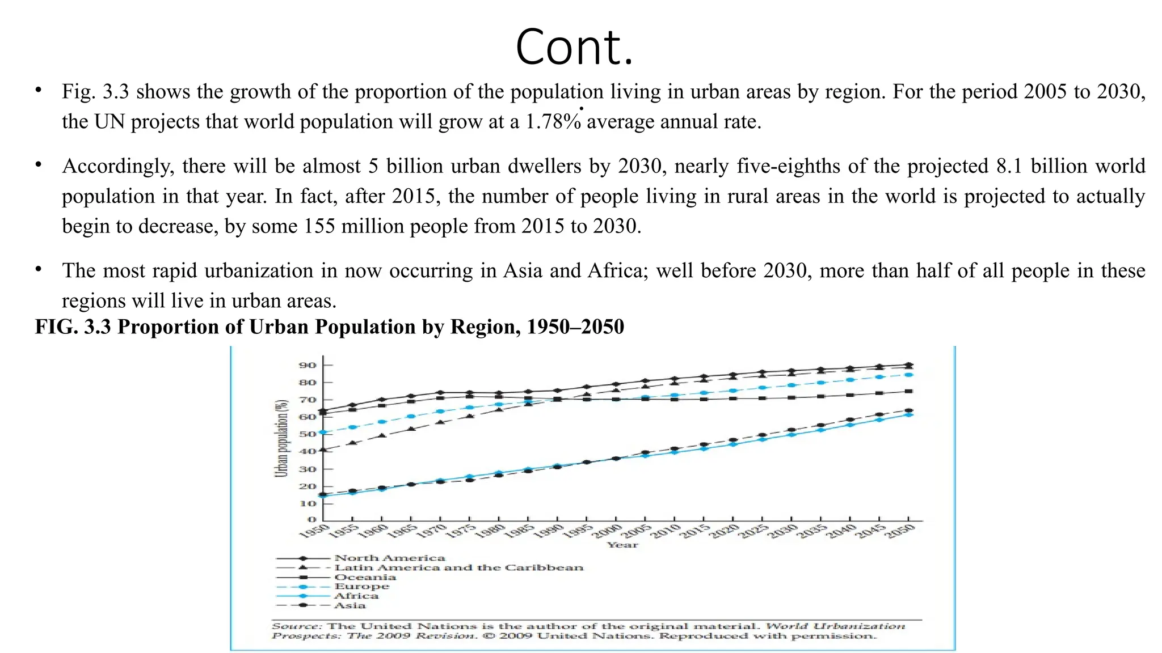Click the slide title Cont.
click(574, 48)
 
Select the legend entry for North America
click(389, 558)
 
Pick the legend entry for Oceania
click(365, 578)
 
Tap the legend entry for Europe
click(361, 587)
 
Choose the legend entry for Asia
click(350, 606)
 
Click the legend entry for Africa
click(356, 596)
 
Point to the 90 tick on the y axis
click(308, 366)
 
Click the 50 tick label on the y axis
click(308, 435)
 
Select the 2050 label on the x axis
click(901, 531)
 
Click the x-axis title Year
click(622, 545)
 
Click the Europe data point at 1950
click(323, 432)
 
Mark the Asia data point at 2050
click(909, 410)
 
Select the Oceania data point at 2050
click(909, 391)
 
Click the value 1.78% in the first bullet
click(553, 122)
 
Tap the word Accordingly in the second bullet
click(118, 167)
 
